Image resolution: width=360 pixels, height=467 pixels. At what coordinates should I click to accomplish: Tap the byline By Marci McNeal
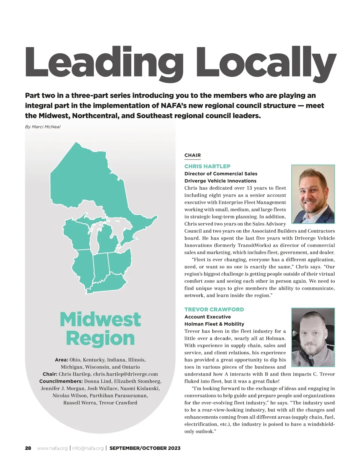(43, 127)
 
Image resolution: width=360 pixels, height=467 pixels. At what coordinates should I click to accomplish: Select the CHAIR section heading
(193, 155)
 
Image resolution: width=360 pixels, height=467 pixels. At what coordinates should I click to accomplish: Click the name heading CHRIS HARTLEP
(207, 166)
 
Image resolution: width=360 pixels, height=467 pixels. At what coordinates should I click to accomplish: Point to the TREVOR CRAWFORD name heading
(214, 309)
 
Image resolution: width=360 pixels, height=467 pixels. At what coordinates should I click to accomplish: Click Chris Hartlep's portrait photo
(313, 194)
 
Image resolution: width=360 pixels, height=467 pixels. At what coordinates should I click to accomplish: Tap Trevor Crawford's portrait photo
(313, 337)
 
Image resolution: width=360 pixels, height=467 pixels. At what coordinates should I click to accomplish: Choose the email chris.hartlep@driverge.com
(125, 374)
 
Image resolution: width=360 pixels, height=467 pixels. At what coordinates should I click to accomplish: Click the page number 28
(28, 448)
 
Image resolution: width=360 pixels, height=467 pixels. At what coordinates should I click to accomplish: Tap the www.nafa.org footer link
(52, 448)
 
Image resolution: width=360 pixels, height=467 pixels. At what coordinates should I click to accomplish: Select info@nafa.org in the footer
(88, 448)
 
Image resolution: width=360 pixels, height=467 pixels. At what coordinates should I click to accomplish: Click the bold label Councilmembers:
(61, 381)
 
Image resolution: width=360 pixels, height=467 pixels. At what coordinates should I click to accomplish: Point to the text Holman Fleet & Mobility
(214, 324)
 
